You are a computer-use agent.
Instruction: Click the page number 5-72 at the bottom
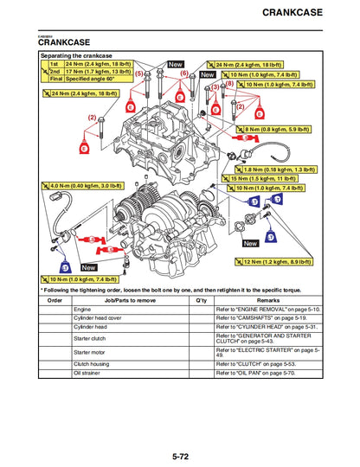180,455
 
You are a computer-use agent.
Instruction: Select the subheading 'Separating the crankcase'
79,54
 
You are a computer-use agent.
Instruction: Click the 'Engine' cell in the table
83,309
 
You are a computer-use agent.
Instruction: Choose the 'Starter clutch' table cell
90,339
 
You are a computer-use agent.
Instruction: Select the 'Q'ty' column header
200,299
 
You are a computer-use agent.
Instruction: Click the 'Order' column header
55,299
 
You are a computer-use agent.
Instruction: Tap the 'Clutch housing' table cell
92,365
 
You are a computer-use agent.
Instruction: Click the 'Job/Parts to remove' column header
129,299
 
